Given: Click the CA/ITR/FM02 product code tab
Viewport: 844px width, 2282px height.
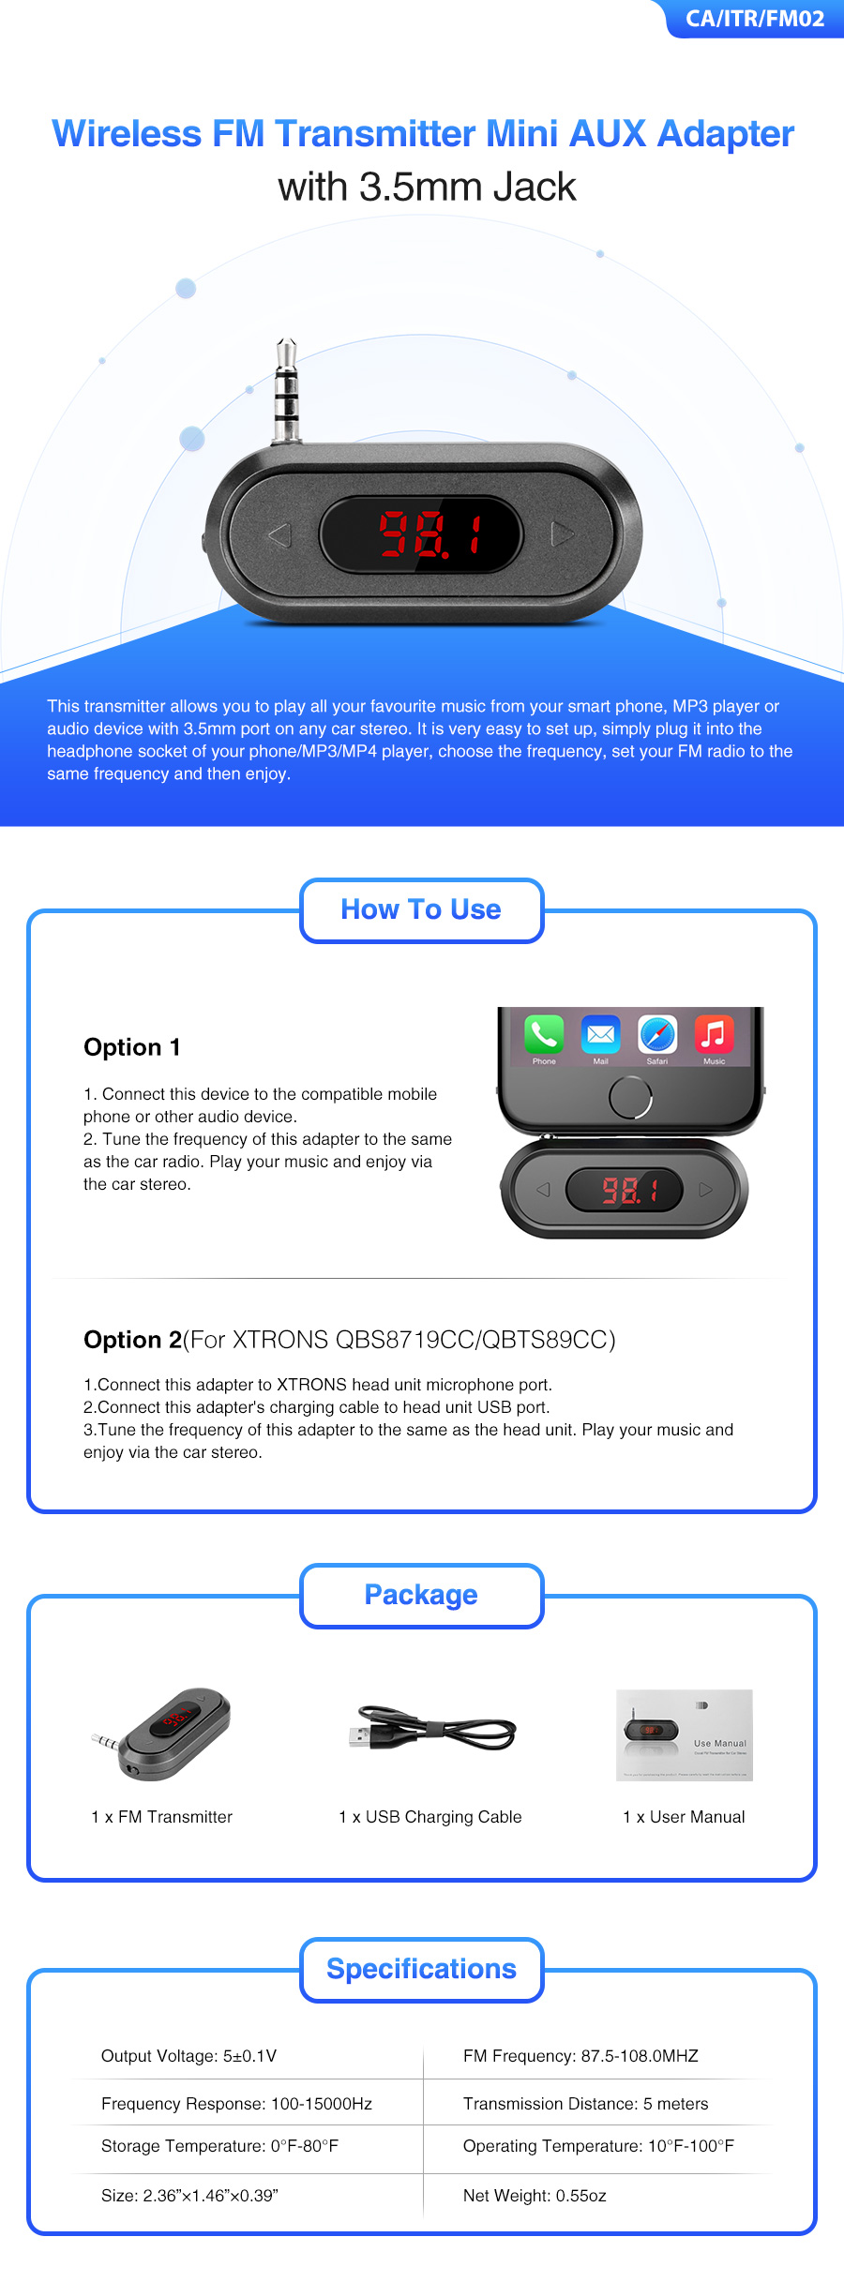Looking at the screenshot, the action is (755, 19).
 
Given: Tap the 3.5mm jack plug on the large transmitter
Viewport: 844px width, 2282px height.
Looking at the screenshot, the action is (286, 392).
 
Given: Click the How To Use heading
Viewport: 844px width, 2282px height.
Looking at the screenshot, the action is (421, 909).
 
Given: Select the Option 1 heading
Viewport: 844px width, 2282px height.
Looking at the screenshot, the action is (132, 1047).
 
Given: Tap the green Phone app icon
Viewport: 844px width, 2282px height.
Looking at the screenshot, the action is (544, 1034).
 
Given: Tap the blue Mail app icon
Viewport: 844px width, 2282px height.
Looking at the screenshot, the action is (600, 1034).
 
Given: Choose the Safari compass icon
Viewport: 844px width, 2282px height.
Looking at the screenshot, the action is (657, 1034).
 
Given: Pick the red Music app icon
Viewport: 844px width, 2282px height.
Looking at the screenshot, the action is (714, 1034).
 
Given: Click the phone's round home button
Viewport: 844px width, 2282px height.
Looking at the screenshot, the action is (630, 1098).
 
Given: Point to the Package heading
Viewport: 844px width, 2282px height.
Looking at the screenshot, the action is (421, 1595).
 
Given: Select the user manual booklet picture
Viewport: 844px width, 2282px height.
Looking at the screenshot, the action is (685, 1735).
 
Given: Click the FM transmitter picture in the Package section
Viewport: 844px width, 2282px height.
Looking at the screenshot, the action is (161, 1734).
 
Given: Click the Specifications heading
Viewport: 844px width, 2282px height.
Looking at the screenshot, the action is (421, 1969).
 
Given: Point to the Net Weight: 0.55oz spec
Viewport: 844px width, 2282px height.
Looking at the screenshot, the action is (535, 2196).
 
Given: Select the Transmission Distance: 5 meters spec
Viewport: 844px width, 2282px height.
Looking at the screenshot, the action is (585, 2104).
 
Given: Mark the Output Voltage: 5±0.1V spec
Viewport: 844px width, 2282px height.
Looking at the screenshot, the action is (188, 2056).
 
